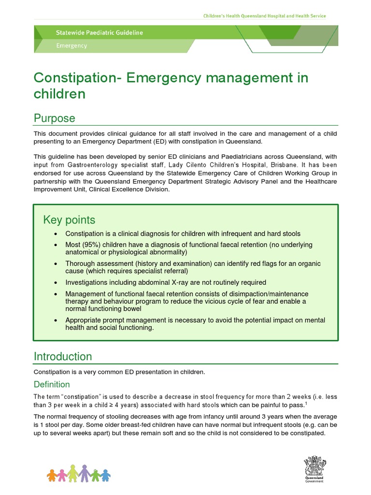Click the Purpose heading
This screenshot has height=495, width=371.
[x=54, y=118]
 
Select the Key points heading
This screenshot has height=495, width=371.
[x=69, y=220]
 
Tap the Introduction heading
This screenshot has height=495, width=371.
[x=62, y=357]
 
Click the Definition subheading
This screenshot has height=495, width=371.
[x=52, y=384]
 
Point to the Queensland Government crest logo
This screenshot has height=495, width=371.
[x=314, y=468]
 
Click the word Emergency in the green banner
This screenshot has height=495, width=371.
[x=71, y=46]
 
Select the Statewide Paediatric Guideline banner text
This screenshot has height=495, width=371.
[x=99, y=33]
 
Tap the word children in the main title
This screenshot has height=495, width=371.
[x=59, y=94]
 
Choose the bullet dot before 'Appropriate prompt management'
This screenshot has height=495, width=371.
[x=56, y=320]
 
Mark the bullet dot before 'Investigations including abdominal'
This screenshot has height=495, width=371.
[x=56, y=282]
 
